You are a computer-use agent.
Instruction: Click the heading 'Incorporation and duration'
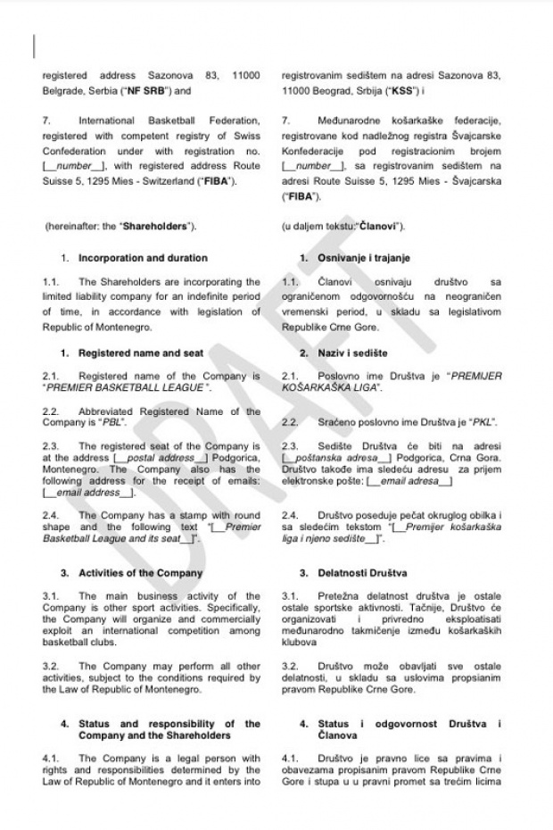pyautogui.click(x=143, y=258)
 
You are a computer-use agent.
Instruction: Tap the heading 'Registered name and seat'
pyautogui.click(x=136, y=353)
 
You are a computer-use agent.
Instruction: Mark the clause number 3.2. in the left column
pyautogui.click(x=52, y=666)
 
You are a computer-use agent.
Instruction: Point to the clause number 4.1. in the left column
pyautogui.click(x=52, y=758)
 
